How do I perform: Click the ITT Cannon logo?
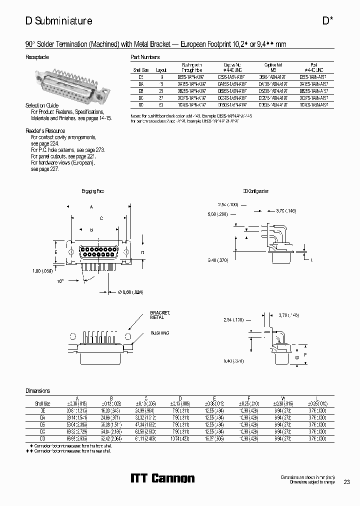click(x=162, y=478)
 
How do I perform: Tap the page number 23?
click(x=346, y=482)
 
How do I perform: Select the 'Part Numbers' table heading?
click(x=145, y=57)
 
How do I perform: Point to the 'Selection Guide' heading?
click(x=42, y=105)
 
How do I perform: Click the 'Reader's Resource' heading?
click(x=45, y=130)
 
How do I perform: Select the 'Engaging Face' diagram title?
click(x=92, y=191)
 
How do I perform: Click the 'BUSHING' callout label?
click(x=159, y=332)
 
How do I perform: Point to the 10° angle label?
click(x=60, y=281)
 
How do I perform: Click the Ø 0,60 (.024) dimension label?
click(x=131, y=291)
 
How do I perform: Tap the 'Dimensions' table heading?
click(x=38, y=390)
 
